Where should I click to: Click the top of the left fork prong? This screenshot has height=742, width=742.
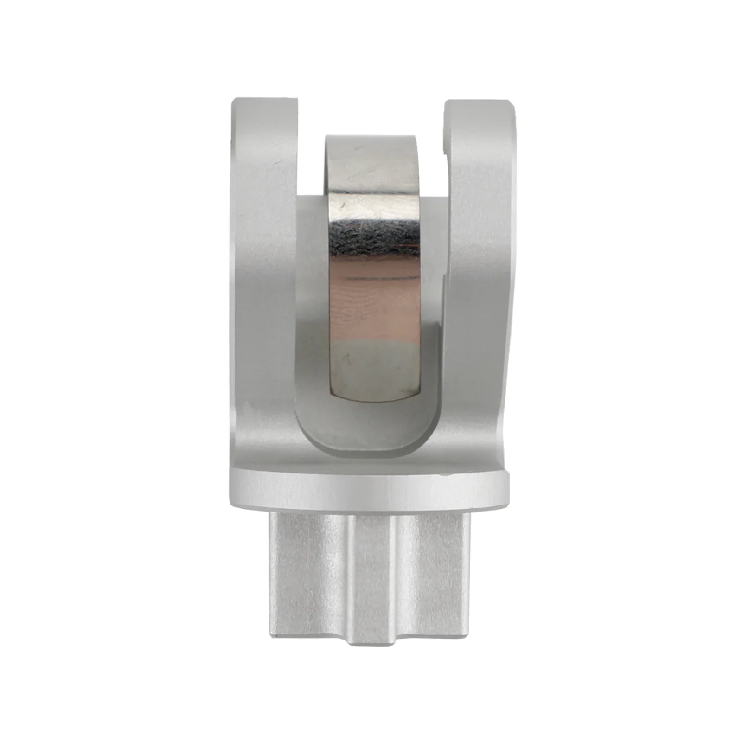264,101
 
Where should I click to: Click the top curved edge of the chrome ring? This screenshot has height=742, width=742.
371,138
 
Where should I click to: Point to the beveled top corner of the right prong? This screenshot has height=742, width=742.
510,109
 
